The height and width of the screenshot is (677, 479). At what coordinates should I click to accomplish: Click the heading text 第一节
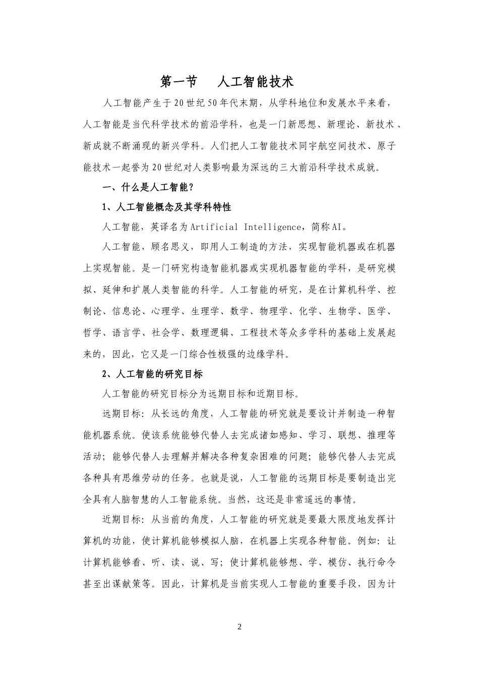point(178,82)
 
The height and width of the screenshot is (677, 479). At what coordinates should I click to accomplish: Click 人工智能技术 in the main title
point(256,82)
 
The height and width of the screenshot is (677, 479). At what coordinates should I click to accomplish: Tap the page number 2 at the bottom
point(239,627)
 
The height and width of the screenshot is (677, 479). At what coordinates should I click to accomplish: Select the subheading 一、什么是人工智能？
point(148,187)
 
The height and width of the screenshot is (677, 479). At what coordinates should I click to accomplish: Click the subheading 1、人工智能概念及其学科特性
point(166,207)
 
